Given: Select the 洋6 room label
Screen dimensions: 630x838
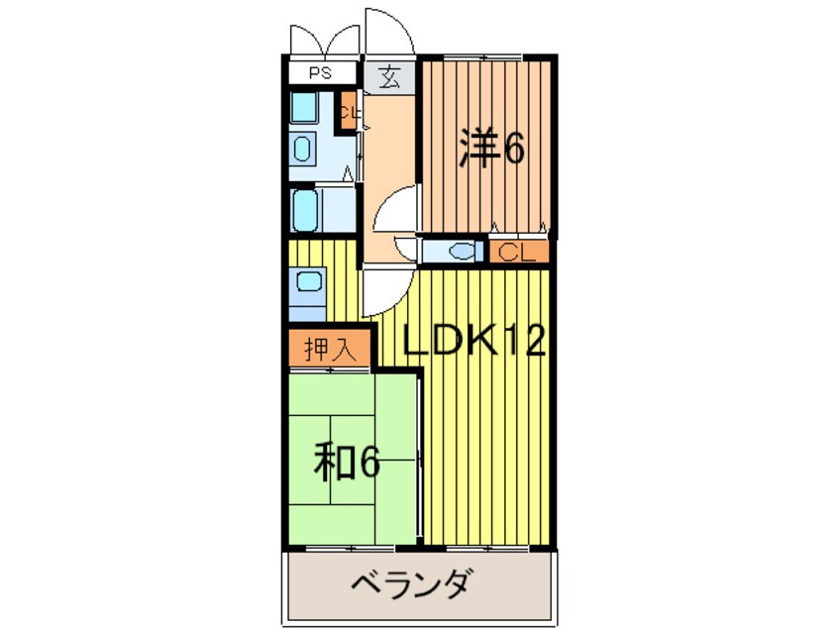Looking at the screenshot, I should click(490, 149).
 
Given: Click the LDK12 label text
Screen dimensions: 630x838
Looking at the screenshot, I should click(473, 342).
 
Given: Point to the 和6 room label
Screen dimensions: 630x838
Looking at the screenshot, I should click(347, 461).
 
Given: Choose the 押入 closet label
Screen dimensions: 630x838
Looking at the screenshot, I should click(329, 349).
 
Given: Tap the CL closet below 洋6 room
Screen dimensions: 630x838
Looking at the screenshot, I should click(518, 252).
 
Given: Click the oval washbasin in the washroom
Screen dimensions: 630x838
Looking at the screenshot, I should click(303, 149).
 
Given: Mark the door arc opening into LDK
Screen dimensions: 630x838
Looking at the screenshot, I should click(384, 290).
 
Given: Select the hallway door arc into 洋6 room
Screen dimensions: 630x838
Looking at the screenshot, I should click(400, 212).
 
